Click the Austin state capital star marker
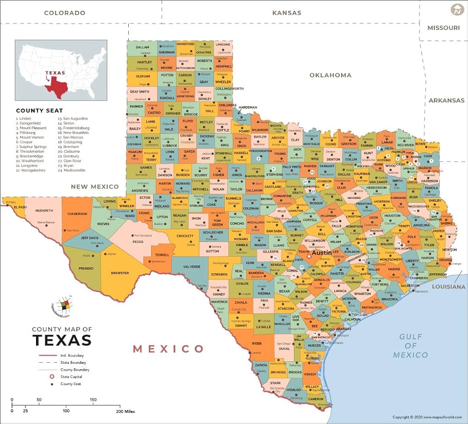pos(309,256)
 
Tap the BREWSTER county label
pos(120,273)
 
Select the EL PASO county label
pos(19,207)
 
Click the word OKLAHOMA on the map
pos(330,75)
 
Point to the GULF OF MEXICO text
pos(410,345)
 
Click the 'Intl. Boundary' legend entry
pos(68,355)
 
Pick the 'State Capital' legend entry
pos(71,377)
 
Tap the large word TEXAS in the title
pos(62,340)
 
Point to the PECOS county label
pos(138,242)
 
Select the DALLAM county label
pos(142,47)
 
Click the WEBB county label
pos(256,343)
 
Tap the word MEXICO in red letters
pos(168,349)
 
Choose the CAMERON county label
pos(316,399)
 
